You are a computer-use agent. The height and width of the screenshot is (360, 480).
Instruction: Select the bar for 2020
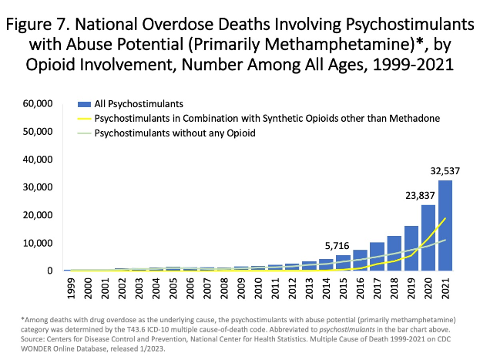428,237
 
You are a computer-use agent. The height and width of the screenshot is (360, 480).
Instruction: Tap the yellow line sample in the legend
82,118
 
